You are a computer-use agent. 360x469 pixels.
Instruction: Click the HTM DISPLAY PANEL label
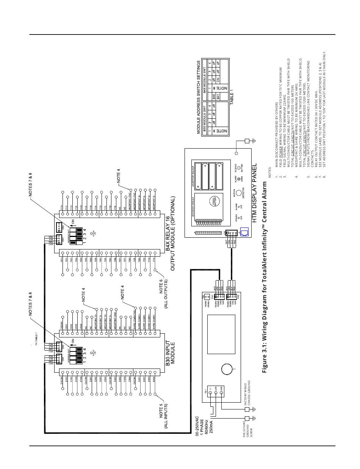point(254,193)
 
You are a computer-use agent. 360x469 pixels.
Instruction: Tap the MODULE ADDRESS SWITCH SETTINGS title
point(198,97)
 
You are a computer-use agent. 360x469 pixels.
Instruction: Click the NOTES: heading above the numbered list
point(270,173)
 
